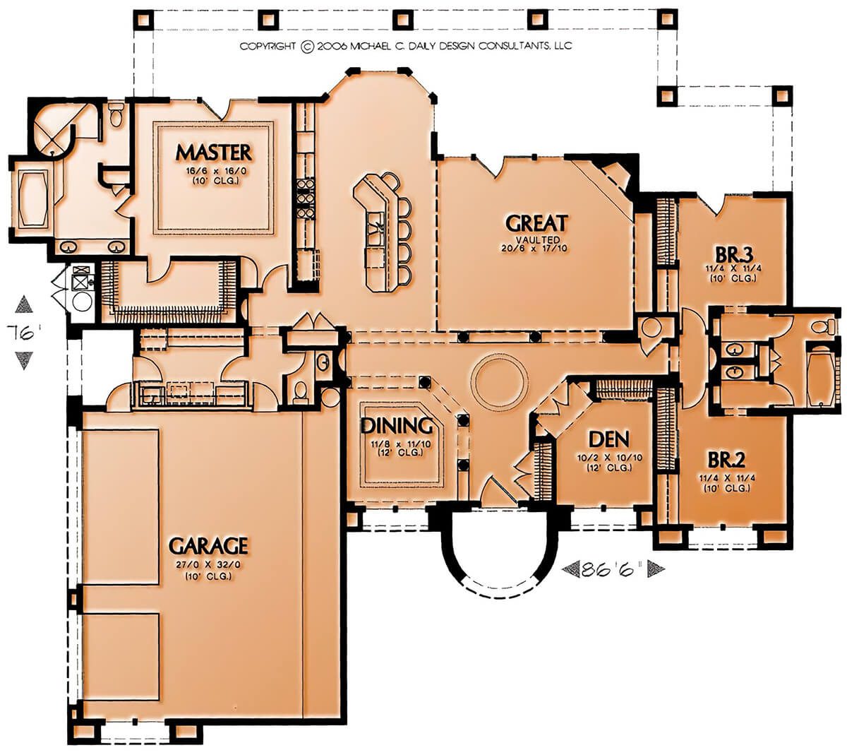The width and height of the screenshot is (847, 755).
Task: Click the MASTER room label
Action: click(x=213, y=153)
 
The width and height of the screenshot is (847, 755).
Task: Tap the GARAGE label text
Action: click(x=208, y=545)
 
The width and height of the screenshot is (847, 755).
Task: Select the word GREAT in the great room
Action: click(x=537, y=223)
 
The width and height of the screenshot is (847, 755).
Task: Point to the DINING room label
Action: click(x=397, y=426)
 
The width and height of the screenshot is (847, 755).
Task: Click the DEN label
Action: click(x=608, y=439)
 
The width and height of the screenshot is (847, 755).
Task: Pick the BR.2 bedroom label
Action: click(x=726, y=460)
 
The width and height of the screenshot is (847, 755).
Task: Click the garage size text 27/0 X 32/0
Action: click(x=208, y=565)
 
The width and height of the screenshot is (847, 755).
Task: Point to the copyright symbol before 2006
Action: click(x=307, y=47)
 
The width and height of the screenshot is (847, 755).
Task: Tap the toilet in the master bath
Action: click(x=115, y=114)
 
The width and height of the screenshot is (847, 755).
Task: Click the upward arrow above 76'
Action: click(x=23, y=304)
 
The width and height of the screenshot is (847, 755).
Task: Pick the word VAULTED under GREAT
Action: click(x=537, y=239)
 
